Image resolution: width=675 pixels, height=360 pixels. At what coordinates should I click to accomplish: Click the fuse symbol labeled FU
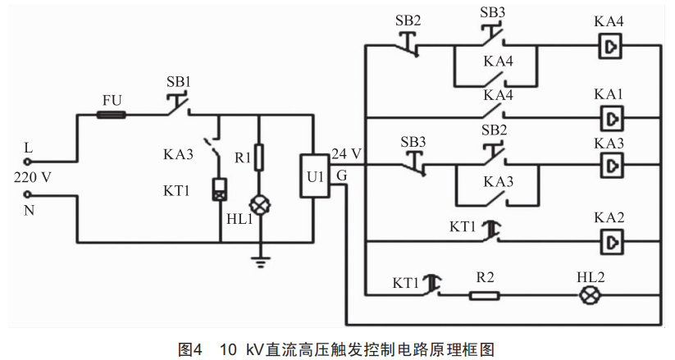112,116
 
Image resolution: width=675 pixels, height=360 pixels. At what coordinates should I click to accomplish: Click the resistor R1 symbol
260,157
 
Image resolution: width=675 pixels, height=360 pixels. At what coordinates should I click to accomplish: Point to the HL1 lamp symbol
260,203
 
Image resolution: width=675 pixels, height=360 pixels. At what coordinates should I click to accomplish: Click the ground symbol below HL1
260,262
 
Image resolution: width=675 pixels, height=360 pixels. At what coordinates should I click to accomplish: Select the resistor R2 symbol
484,295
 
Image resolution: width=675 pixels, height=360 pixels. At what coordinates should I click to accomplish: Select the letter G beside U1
340,175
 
